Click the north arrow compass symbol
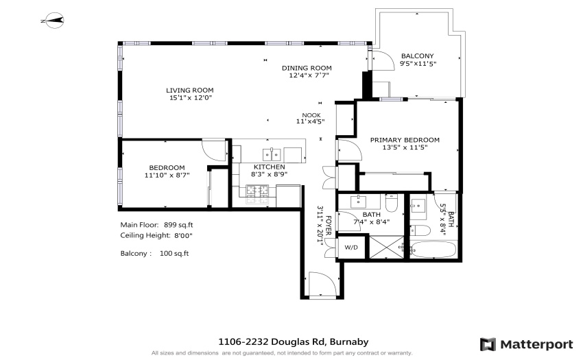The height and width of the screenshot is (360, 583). tap(52, 21)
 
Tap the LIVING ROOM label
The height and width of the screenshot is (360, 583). tap(189, 90)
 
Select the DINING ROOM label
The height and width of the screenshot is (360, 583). tap(307, 68)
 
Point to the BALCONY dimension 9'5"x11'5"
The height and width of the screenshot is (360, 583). tap(418, 63)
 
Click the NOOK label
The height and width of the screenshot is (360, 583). tap(311, 115)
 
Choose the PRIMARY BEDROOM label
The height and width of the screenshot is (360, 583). tap(405, 140)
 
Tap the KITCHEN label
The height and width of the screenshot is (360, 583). tap(269, 167)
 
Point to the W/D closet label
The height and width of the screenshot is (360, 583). tap(351, 247)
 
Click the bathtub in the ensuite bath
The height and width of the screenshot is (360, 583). tap(433, 250)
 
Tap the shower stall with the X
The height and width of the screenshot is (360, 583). tap(386, 247)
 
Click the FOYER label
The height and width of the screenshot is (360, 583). tap(329, 226)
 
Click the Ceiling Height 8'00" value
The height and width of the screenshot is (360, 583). tap(183, 235)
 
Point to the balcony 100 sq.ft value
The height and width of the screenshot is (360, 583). tap(174, 253)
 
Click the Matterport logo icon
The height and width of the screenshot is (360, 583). tap(488, 344)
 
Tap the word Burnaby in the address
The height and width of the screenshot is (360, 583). tap(349, 341)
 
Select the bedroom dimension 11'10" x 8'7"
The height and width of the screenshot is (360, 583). tap(167, 175)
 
